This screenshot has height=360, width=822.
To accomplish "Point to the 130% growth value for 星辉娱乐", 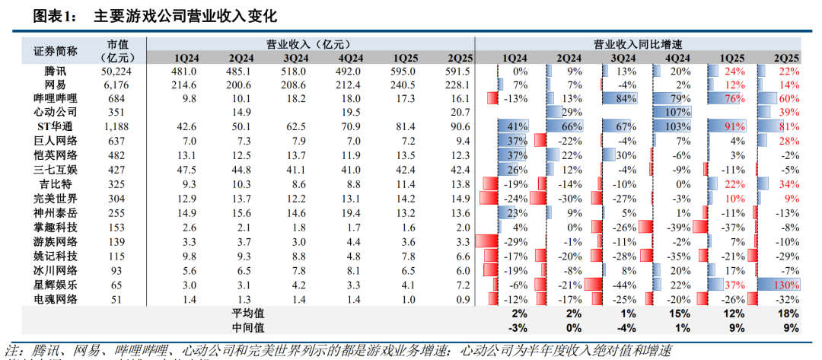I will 785,285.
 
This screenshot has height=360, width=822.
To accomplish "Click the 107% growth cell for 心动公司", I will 677,113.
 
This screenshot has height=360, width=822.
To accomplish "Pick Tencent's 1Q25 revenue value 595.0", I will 405,71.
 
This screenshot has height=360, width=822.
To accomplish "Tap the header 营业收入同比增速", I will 637,44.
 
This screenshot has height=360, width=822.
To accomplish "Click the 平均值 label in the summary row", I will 247,313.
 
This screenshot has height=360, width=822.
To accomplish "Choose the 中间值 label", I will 247,327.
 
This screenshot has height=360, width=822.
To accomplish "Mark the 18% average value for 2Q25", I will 788,313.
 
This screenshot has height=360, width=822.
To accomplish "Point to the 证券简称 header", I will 56,50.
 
